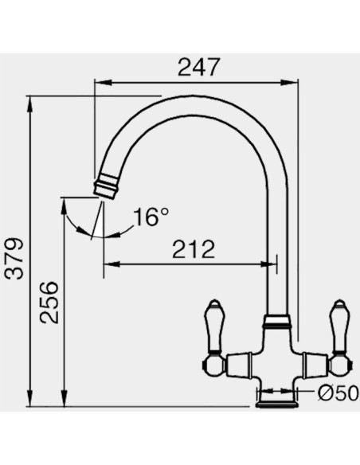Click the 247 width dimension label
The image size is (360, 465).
pos(199,67)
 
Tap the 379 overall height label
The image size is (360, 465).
pos(14,258)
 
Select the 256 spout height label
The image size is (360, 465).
pos(49,303)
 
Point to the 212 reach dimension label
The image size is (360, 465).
pos(194,249)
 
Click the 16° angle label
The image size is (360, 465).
pos(151,217)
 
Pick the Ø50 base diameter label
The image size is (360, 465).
pos(338,394)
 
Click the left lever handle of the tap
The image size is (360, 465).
pos(214,326)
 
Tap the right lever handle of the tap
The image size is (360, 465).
pos(339,326)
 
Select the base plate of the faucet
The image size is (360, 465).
pos(277,404)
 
